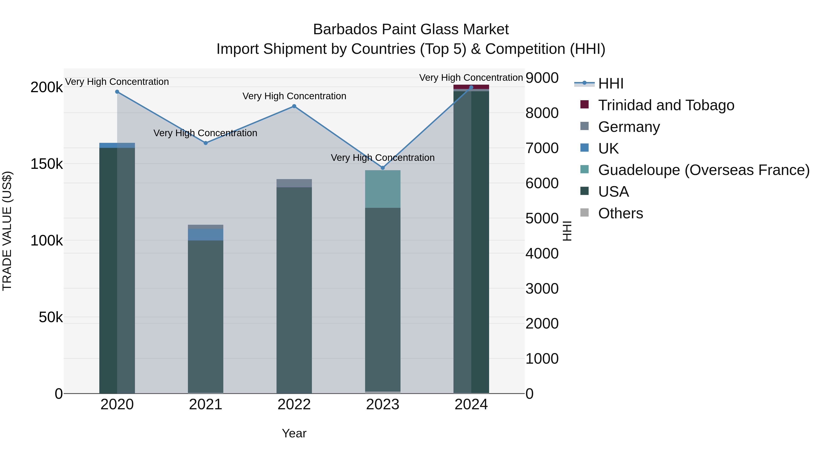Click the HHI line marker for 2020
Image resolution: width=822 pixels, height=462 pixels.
point(117,92)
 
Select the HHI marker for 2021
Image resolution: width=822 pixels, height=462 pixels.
point(206,143)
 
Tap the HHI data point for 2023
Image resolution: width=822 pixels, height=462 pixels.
point(383,168)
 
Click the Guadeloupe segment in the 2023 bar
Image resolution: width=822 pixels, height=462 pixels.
point(383,189)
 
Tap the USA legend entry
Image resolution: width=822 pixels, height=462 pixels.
point(613,192)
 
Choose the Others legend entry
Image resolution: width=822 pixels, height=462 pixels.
point(620,214)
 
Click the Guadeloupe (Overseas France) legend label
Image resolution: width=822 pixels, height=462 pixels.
point(704,170)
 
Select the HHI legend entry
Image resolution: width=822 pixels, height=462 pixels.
point(610,84)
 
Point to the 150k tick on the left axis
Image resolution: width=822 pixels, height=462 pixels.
point(47,164)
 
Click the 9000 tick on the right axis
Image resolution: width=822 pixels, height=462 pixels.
point(542,78)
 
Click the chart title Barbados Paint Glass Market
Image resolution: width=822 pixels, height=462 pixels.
point(411,29)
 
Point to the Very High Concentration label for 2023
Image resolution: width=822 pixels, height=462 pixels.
point(383,158)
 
